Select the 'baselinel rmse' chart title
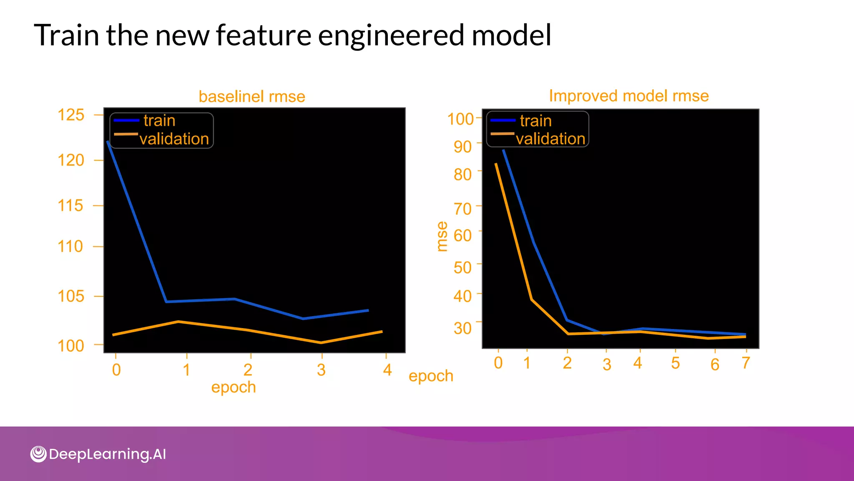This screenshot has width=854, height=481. pos(252,96)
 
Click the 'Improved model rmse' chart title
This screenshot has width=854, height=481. pos(628,96)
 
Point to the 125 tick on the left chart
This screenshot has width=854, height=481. pos(71,115)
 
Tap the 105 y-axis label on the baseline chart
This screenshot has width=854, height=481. pos(71,296)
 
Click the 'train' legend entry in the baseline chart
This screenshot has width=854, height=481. pos(159,121)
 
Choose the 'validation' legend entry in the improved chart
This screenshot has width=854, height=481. pos(550,139)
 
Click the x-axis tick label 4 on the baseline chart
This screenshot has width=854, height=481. pos(387,370)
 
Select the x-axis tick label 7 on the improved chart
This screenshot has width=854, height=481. pos(746,363)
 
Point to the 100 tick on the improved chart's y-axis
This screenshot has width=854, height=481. pos(460,119)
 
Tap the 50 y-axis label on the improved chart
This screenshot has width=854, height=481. pos(462,268)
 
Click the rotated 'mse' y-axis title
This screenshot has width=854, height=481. pos(442,236)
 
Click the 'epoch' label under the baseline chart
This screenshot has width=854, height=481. pos(233,387)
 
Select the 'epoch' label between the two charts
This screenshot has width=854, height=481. pos(431,376)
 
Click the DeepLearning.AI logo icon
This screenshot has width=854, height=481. pos(38,454)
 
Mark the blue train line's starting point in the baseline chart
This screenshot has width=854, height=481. pos(108,142)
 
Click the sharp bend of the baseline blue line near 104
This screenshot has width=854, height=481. pos(166,301)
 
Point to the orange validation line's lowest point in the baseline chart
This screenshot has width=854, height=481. pos(321,343)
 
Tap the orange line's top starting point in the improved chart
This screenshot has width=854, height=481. pos(496,164)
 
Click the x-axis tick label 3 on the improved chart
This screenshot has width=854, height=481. pos(607,365)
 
